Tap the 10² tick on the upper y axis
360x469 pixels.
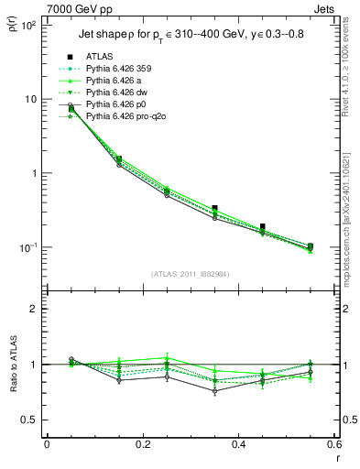pos(28,25)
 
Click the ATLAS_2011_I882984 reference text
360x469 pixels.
pos(190,272)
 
